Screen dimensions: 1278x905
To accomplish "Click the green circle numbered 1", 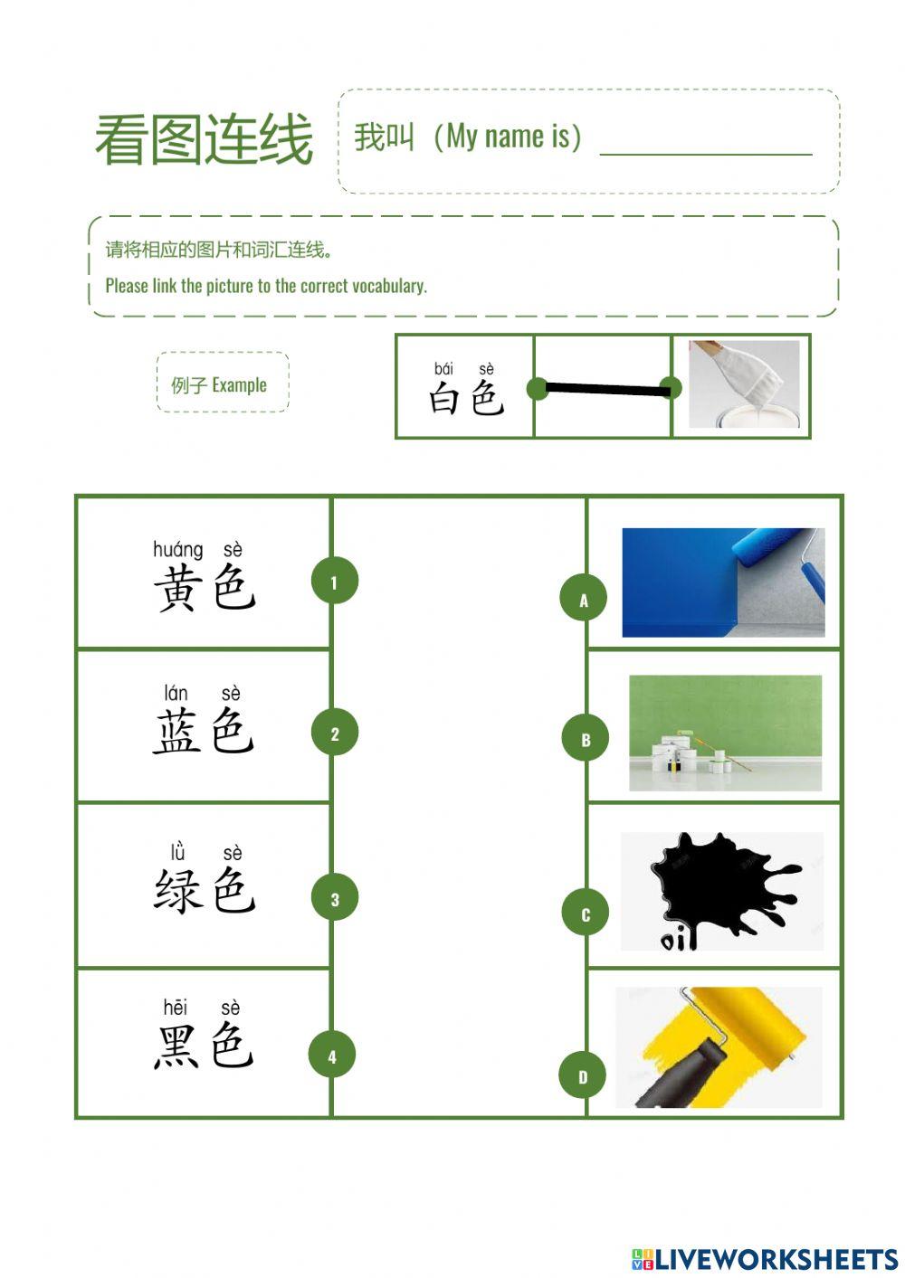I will coord(335,582).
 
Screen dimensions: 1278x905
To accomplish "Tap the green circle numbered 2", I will coord(335,734).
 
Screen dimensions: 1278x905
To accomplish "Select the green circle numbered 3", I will coord(335,898).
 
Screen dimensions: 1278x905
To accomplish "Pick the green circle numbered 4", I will coord(332,1056).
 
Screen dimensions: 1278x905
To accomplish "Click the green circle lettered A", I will coord(584,599).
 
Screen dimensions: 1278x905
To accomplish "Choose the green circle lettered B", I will coord(586,738).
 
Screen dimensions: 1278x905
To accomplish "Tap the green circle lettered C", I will coord(586,914).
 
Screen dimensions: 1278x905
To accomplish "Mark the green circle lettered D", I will coord(583,1075).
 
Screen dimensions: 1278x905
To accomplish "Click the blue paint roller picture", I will coord(723,582).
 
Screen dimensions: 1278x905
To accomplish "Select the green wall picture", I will coord(725,733).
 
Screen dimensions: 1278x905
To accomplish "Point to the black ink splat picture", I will coord(721,891).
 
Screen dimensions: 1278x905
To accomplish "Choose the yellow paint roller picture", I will coord(719,1046).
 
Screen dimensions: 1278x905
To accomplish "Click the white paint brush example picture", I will coord(744,384).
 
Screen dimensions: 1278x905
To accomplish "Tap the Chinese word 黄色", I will coord(205,587).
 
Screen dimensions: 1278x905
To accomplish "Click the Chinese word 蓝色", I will coord(204,731).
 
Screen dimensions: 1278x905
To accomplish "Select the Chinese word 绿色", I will coord(205,890).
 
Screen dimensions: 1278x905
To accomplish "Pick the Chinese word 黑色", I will coord(204,1046).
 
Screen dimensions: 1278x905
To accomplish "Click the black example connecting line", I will coord(604,389).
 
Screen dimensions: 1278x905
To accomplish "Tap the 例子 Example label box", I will coord(223,383).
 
